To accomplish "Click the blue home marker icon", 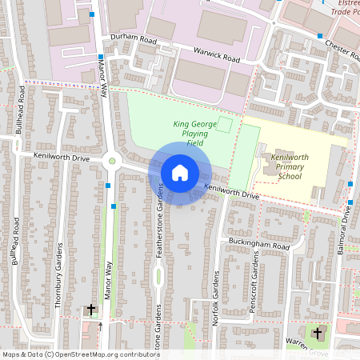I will point(179,172).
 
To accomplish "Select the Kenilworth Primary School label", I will point(290,167).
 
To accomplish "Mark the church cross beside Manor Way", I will point(91,309).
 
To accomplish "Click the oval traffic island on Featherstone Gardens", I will point(159,277).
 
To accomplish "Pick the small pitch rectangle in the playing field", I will point(225,125).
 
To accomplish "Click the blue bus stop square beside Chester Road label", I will point(320,36).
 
